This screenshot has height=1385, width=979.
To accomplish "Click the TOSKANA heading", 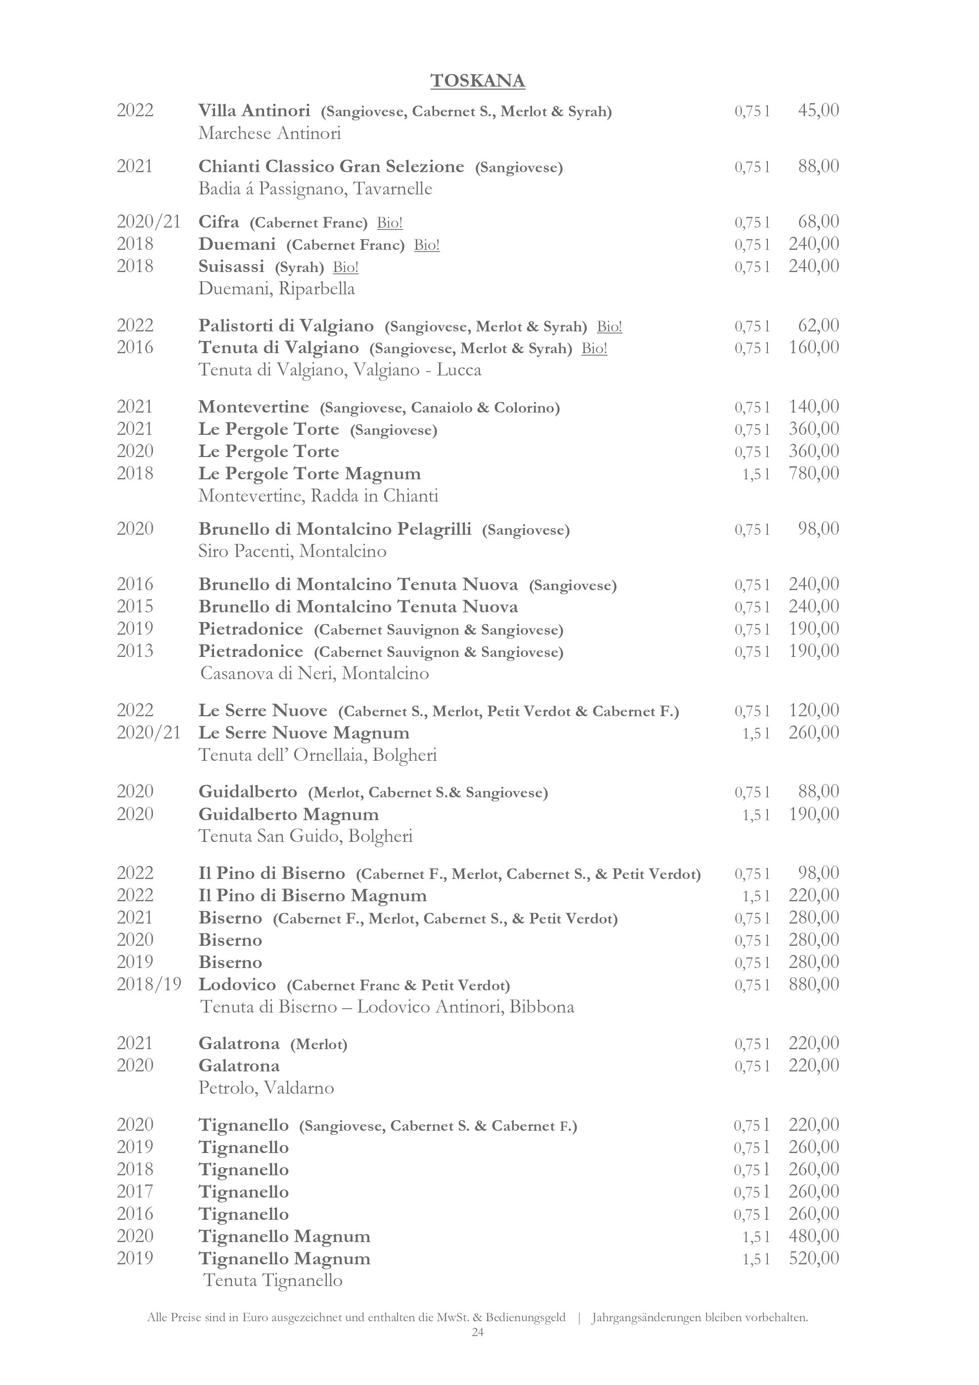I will pyautogui.click(x=478, y=81).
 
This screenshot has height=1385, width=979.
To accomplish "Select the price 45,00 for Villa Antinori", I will pyautogui.click(x=818, y=110).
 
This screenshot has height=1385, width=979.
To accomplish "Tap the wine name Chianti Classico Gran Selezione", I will pyautogui.click(x=331, y=167).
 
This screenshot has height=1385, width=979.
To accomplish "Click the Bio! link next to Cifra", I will pyautogui.click(x=390, y=223).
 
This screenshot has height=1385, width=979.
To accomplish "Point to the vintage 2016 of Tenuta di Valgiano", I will pyautogui.click(x=135, y=347).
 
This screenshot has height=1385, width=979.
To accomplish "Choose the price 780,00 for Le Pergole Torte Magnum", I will pyautogui.click(x=813, y=473).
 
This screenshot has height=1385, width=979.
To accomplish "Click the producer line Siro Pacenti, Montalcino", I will pyautogui.click(x=292, y=551).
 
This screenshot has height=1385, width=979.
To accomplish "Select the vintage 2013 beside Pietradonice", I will pyautogui.click(x=135, y=651).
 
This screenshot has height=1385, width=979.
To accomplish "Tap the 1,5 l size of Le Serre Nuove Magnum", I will pyautogui.click(x=756, y=733).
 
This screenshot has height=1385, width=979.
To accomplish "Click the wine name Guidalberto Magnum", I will pyautogui.click(x=289, y=814).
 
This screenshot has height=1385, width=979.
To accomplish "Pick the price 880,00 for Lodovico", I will pyautogui.click(x=813, y=984).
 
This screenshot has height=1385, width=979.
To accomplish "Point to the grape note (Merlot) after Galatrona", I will pyautogui.click(x=318, y=1044).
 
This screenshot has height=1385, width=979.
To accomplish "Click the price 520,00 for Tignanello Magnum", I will pyautogui.click(x=813, y=1258).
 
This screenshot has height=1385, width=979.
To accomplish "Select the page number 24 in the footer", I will pyautogui.click(x=478, y=1332).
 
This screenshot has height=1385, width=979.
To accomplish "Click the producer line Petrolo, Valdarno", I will pyautogui.click(x=266, y=1088).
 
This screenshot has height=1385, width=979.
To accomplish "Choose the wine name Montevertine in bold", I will pyautogui.click(x=253, y=407).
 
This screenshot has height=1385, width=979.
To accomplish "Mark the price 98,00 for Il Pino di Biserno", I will pyautogui.click(x=818, y=873).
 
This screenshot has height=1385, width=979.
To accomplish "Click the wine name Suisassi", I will pyautogui.click(x=231, y=266).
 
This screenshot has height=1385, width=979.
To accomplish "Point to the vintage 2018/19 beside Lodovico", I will pyautogui.click(x=149, y=984).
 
